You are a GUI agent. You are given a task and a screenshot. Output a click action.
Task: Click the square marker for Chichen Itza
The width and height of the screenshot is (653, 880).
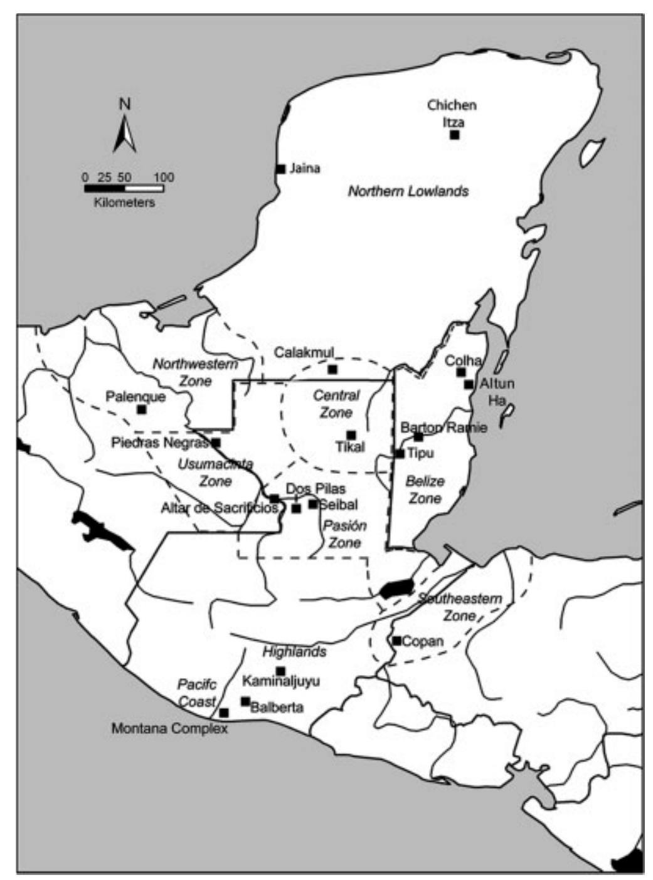[x=455, y=135]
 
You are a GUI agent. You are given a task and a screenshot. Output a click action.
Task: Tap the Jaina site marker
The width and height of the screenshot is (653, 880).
[x=281, y=169]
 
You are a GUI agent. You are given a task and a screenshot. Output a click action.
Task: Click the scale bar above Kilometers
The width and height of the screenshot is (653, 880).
[x=124, y=188]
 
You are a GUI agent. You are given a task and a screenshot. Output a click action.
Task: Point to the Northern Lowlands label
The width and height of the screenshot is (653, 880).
[x=408, y=191]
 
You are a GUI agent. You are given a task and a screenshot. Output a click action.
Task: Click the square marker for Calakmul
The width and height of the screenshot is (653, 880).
[x=332, y=369]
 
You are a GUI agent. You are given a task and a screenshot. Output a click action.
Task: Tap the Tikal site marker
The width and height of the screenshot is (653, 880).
[x=351, y=435]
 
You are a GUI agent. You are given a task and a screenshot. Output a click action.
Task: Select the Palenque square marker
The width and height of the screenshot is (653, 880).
[x=142, y=409]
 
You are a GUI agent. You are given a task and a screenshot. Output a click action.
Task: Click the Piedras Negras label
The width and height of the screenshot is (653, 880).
[x=160, y=443]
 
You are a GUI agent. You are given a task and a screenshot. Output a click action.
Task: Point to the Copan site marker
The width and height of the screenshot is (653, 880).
[x=396, y=641]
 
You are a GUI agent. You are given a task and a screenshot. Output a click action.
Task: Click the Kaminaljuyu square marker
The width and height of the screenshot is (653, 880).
[x=280, y=671]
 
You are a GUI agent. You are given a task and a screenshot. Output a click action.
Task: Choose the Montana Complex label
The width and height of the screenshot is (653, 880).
[x=169, y=729]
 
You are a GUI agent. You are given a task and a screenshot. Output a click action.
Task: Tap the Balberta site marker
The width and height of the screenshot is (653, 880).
[x=245, y=701]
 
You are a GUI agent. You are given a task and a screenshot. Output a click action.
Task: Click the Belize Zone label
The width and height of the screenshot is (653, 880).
[x=425, y=490]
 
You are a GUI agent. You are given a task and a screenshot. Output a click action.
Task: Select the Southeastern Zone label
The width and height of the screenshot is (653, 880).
[x=460, y=607]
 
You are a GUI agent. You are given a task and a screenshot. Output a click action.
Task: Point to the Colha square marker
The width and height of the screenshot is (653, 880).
[x=461, y=372]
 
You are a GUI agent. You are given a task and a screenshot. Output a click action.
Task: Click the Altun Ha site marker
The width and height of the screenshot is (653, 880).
[x=469, y=384]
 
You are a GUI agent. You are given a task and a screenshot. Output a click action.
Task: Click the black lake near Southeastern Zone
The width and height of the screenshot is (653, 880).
[x=395, y=589]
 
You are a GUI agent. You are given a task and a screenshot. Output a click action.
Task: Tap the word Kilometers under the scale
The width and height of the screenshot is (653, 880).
[x=124, y=202]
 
